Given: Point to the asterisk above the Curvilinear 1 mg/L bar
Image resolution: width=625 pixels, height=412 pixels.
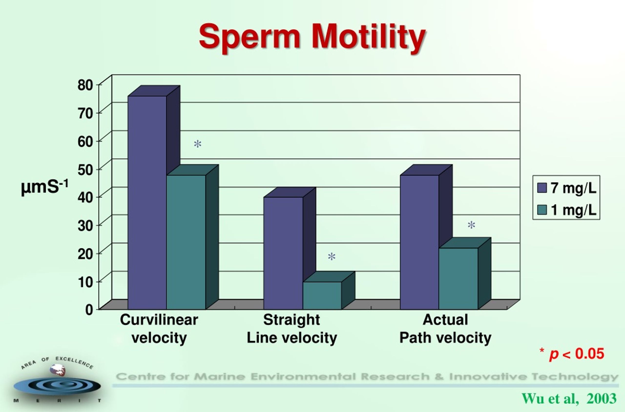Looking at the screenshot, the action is click(x=198, y=144).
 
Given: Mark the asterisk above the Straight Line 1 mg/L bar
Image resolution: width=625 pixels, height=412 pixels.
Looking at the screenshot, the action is click(x=332, y=256).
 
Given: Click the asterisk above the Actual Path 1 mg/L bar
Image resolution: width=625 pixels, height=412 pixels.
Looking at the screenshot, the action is click(x=472, y=225).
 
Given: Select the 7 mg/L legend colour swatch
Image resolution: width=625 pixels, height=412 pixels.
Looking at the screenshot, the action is click(x=542, y=188).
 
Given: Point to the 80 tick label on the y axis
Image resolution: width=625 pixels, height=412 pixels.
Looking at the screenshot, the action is click(x=85, y=85).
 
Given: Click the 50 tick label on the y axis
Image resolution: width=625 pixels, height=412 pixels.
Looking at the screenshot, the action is click(x=85, y=170).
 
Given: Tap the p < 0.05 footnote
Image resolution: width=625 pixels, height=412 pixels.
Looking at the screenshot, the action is click(x=576, y=354).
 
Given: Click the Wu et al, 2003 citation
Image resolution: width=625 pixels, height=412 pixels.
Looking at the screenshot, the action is click(x=569, y=398).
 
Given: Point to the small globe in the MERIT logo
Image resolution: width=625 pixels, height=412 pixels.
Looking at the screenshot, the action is click(x=58, y=370).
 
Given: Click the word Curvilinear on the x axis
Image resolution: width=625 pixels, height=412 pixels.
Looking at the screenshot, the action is click(x=159, y=320).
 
